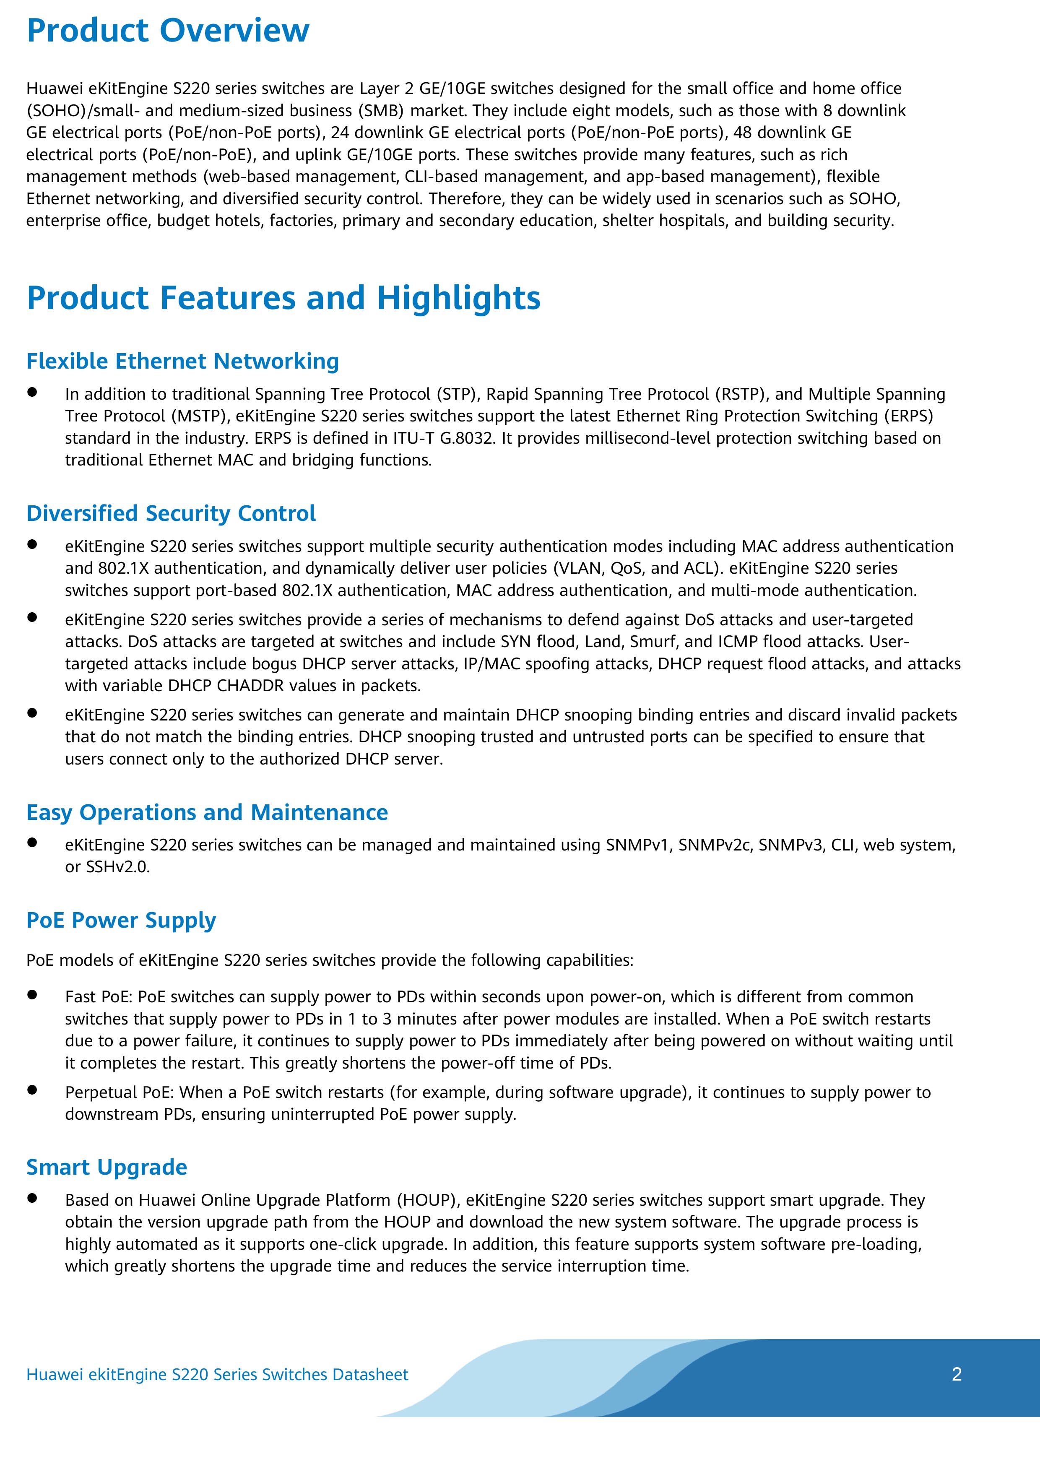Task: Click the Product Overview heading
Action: click(168, 31)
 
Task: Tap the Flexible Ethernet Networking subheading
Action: click(182, 361)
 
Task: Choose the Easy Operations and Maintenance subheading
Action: click(207, 812)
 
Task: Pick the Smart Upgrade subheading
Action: click(106, 1167)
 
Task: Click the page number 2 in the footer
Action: click(957, 1374)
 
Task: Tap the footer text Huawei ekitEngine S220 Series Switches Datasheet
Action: click(217, 1374)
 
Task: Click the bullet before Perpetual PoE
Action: click(32, 1090)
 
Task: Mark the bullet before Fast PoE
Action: click(32, 995)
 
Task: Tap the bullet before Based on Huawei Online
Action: click(32, 1198)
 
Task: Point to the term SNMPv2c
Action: click(714, 845)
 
